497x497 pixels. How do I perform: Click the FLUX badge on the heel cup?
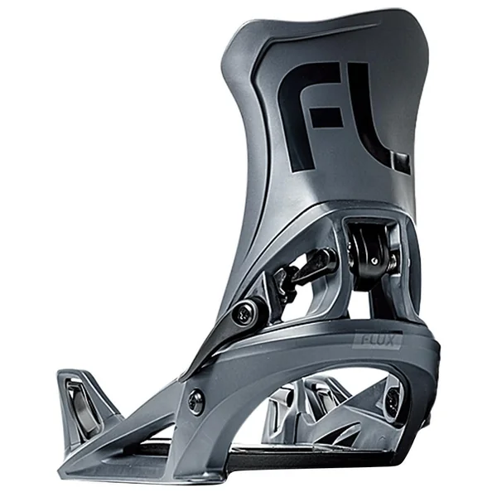coord(377,340)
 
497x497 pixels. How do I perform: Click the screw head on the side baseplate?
coord(195,401)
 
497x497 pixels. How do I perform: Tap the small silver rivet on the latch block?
coord(374,261)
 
